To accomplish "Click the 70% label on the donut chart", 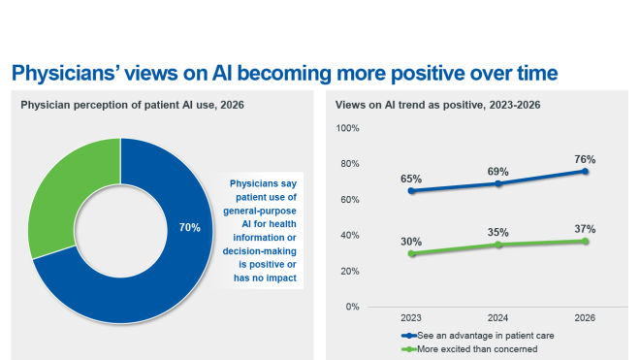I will [189, 228].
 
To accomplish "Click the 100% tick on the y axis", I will [348, 128].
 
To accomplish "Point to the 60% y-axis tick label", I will [350, 200].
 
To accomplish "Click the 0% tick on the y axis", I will [353, 307].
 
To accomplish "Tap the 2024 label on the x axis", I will [498, 317].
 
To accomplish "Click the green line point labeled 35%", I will [498, 245].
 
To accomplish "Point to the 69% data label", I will [498, 171].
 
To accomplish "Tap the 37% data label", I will [584, 229].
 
